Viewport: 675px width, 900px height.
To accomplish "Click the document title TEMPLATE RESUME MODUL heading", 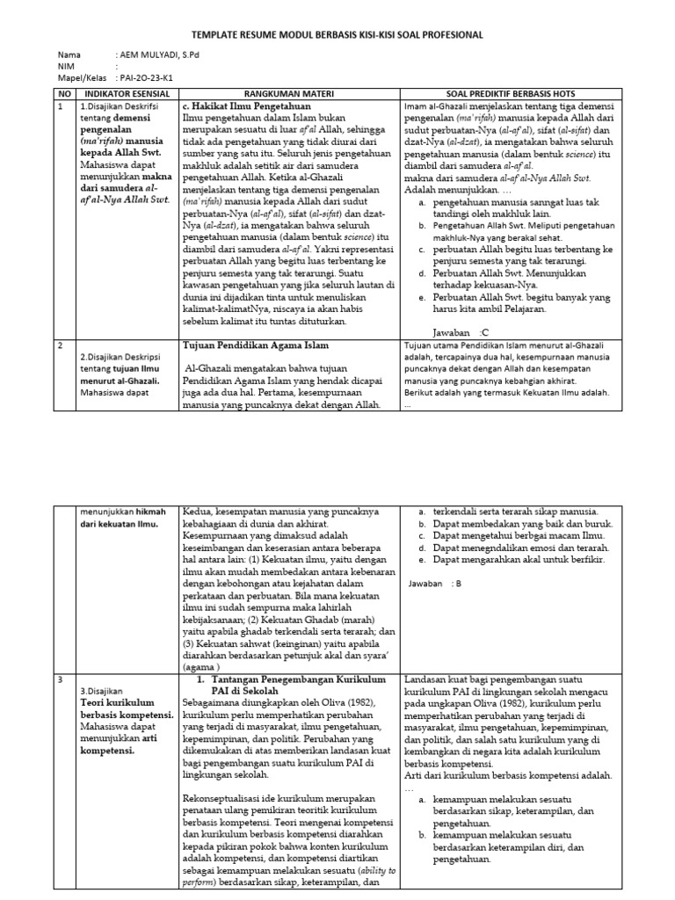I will coord(337,35).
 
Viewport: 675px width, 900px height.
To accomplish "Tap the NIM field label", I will coord(65,66).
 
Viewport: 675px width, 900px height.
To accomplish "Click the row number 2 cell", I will coord(60,346).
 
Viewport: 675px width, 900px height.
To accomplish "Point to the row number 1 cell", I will coord(60,106).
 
